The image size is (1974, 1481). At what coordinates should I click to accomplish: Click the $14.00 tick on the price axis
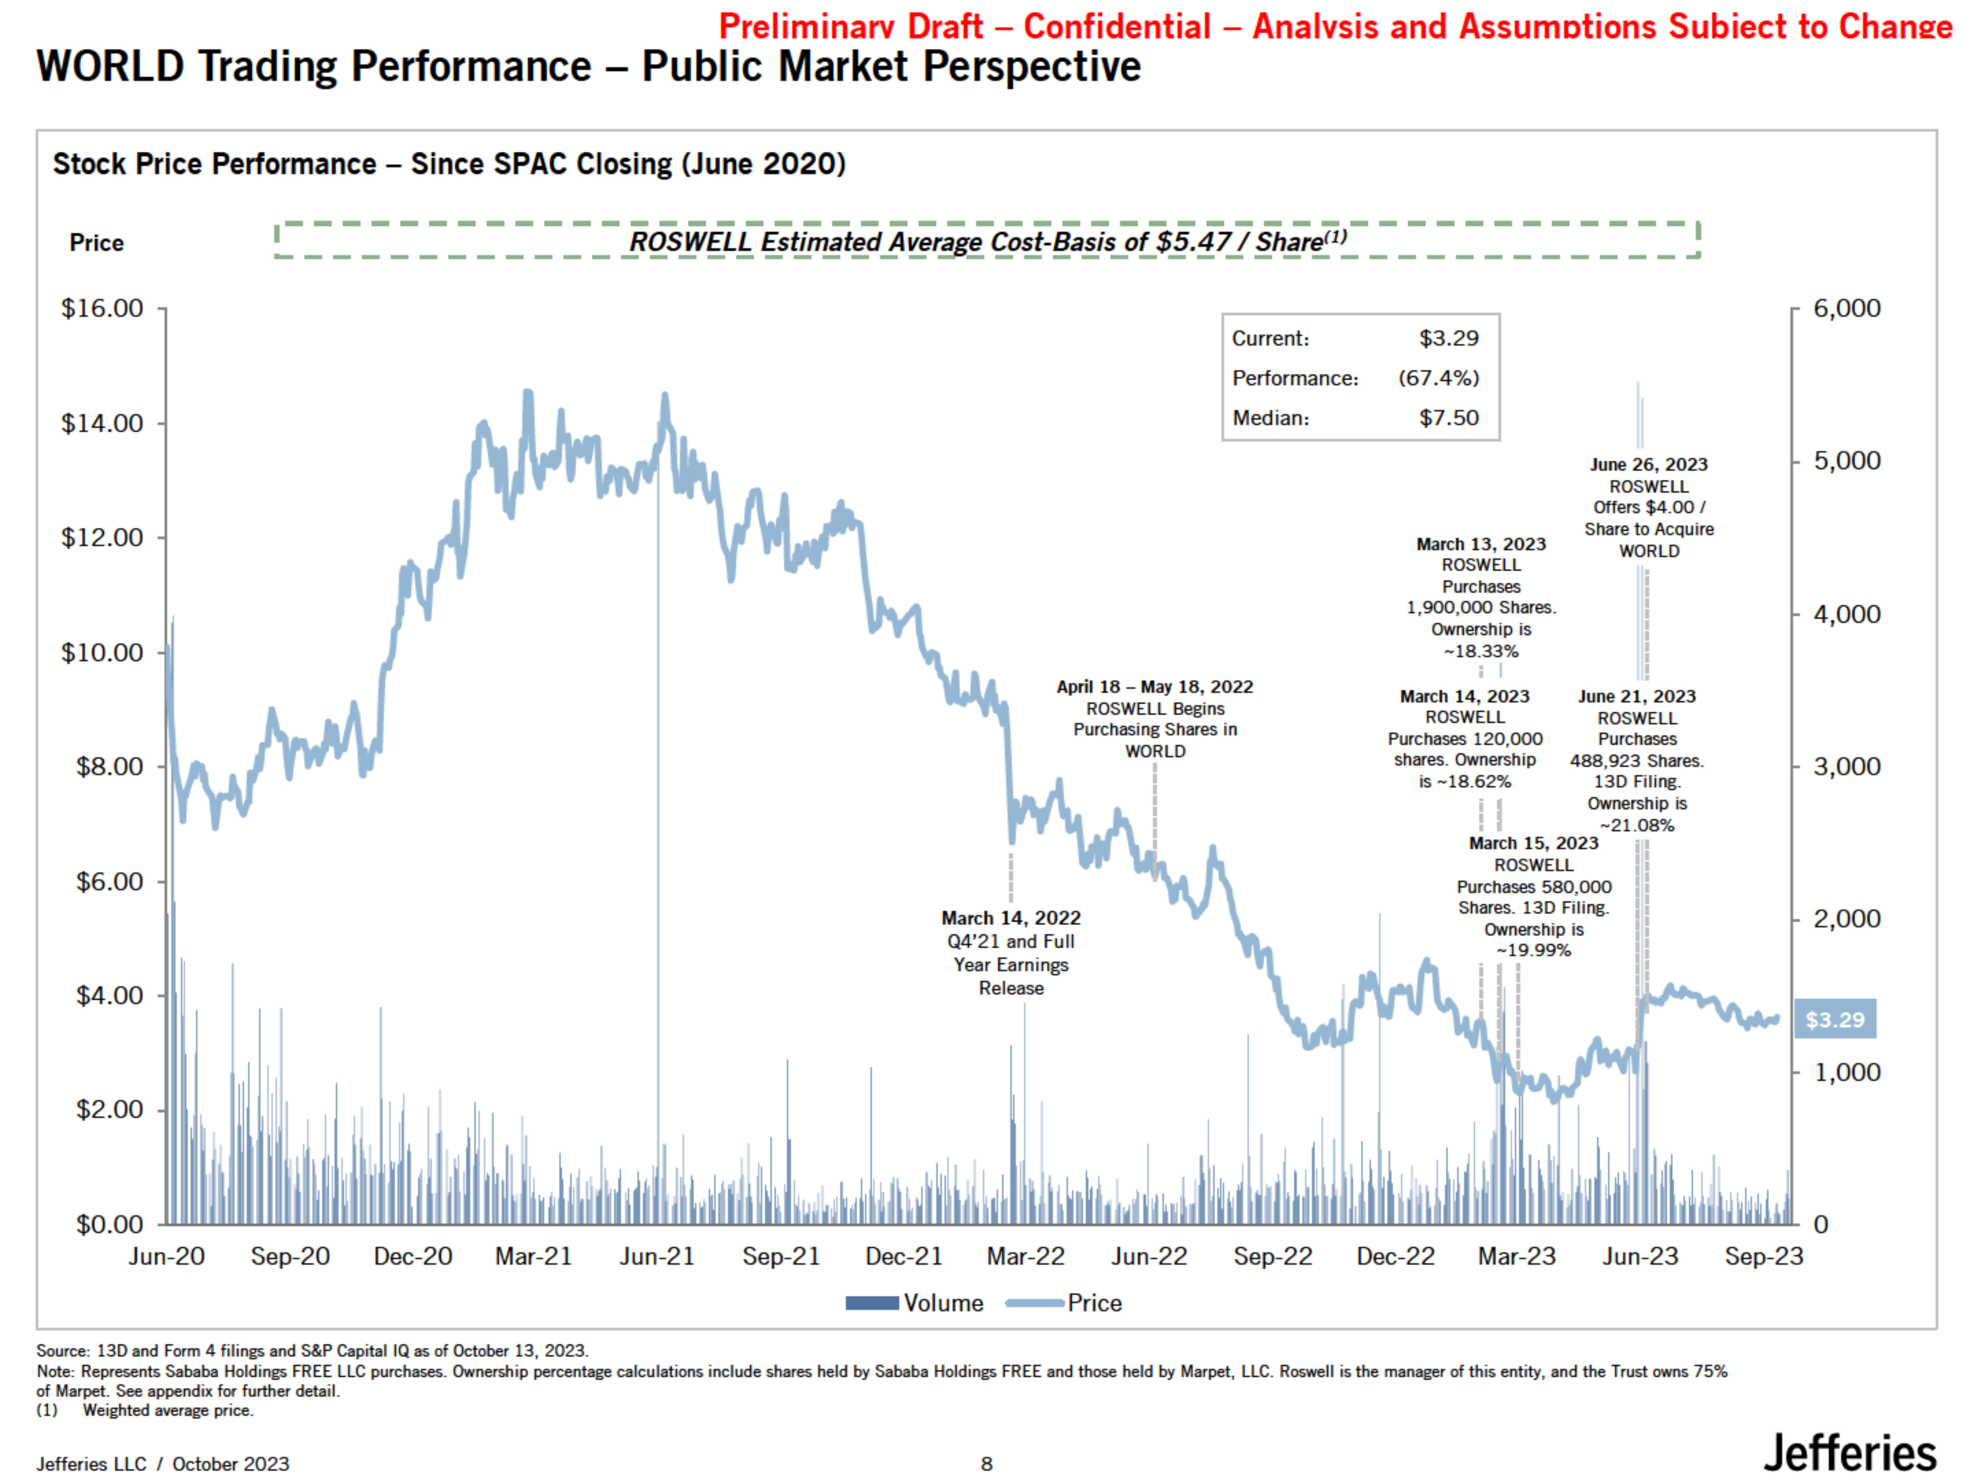coord(102,423)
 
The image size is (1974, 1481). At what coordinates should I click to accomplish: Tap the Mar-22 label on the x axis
coord(1025,1257)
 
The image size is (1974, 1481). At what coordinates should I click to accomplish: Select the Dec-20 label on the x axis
coord(412,1257)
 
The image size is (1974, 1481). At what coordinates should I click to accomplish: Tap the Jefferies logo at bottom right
coord(1849,1453)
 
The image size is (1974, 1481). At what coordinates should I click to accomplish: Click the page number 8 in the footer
coord(986,1464)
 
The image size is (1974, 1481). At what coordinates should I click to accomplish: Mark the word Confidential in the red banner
coord(1116,27)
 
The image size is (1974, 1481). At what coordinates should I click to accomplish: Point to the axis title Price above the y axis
coord(96,243)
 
